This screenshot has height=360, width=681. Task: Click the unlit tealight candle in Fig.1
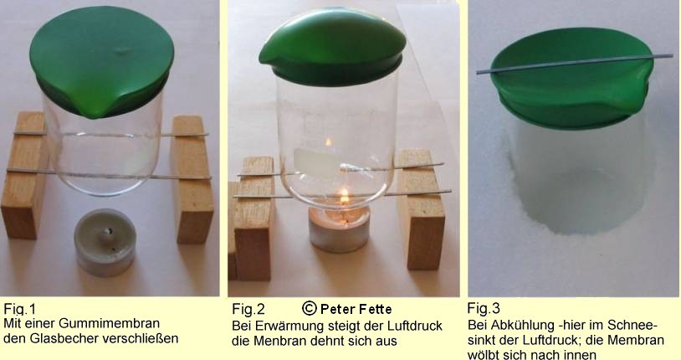pos(105,242)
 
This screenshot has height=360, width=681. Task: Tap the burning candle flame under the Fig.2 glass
pos(344,197)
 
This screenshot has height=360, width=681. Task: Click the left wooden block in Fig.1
pos(24,175)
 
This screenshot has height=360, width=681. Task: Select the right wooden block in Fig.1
pos(192,179)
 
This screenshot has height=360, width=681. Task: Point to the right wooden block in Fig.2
pos(422,209)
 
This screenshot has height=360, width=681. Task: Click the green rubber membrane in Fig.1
pos(101,62)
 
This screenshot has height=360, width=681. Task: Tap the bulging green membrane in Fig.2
pos(333,47)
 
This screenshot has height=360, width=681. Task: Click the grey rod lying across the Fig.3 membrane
pos(575,64)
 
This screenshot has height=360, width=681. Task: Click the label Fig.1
pos(19,309)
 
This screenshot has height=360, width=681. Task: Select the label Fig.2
pos(248,309)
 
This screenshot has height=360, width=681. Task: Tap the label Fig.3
pos(484,308)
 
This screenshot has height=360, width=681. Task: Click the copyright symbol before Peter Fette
pos(310,308)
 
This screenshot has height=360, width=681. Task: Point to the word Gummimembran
pos(109,323)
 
